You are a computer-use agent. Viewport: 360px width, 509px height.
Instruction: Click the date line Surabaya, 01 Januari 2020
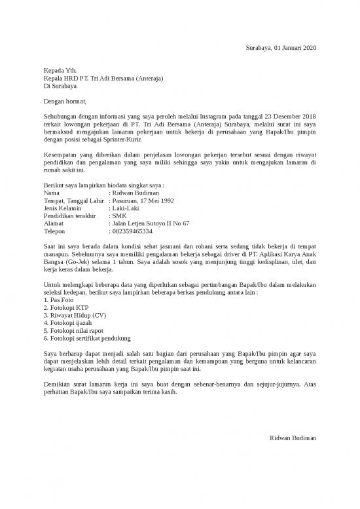[280, 49]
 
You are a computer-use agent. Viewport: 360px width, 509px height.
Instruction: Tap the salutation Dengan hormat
[64, 101]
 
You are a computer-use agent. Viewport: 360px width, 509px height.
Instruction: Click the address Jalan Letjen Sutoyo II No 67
[151, 223]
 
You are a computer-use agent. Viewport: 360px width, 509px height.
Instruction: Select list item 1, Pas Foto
[59, 299]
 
